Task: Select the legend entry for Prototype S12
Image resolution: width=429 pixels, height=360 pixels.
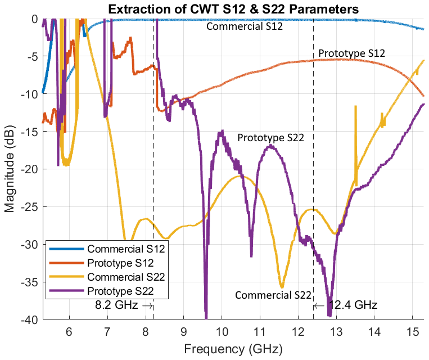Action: coord(120,263)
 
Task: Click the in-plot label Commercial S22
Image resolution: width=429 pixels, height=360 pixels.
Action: coord(273,295)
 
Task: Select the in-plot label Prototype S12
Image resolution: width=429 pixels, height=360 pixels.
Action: coord(351,53)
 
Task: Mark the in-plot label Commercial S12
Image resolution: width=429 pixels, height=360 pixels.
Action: coord(244,26)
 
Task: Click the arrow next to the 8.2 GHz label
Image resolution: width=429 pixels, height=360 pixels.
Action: coord(148,305)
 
